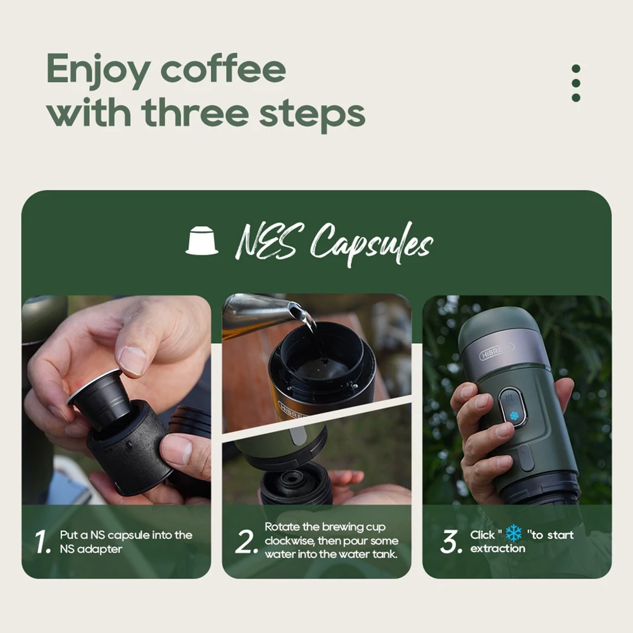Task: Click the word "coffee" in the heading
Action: point(223,68)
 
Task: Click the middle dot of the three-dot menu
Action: point(576,83)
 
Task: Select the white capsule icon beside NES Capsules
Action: point(202,240)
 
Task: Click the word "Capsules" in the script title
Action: point(372,244)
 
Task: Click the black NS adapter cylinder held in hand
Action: point(130,448)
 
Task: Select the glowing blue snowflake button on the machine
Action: point(513,416)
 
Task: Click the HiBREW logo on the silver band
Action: point(496,351)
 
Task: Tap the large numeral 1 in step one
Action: point(42,541)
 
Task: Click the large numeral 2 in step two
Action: point(246,541)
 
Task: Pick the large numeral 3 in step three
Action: point(451,541)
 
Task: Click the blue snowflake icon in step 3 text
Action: point(513,533)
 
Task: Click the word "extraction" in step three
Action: point(498,548)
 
